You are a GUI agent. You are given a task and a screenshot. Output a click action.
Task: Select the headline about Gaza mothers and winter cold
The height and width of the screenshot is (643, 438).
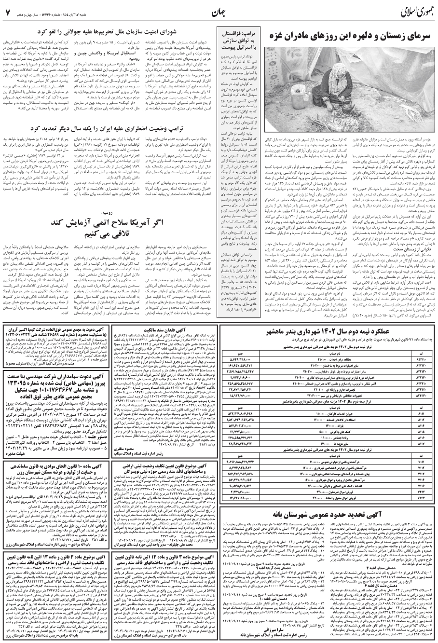[348, 37]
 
